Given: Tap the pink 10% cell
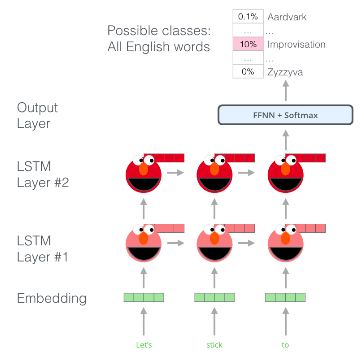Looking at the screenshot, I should coord(248,44).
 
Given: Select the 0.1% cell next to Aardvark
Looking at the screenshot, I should coord(248,17).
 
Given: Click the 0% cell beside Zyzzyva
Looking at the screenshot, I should coord(248,72).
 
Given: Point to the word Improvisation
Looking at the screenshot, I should coord(296,44).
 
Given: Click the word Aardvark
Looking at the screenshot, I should coord(287,17).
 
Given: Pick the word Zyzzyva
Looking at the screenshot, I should coord(285,72).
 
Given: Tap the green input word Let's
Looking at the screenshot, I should coord(144,345).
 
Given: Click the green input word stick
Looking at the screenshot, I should coord(214,345).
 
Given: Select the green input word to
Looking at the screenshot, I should coord(285,345).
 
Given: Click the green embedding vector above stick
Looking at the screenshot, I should coord(214,298).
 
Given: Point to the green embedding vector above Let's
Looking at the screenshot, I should coord(144,298).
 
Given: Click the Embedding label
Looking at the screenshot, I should coord(52,299).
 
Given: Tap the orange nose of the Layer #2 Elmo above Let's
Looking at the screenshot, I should coord(143,169).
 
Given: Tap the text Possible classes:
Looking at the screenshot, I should coord(159,31).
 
